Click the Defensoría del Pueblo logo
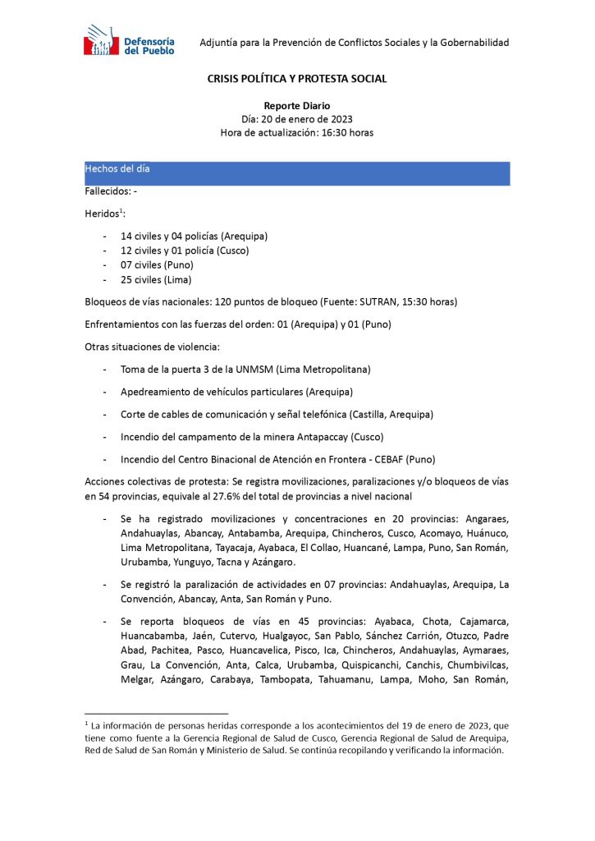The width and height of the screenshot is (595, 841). [129, 41]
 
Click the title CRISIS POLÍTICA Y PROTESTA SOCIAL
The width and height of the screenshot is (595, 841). [296, 79]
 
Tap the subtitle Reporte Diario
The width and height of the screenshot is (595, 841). [296, 106]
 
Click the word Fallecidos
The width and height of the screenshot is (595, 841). [106, 191]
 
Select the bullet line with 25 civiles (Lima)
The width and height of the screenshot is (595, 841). [156, 280]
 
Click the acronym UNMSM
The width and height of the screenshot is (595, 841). [260, 370]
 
